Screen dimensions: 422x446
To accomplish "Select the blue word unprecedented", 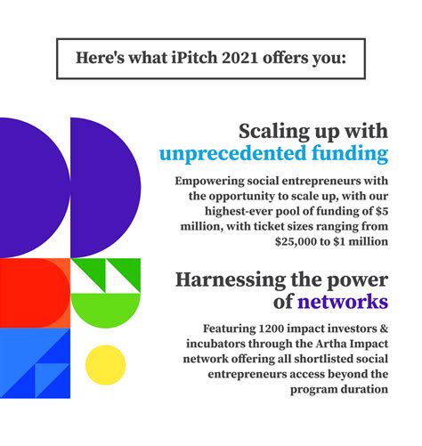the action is (232, 153).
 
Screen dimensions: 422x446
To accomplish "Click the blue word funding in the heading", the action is (350, 154).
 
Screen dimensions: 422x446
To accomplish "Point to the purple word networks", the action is (343, 302).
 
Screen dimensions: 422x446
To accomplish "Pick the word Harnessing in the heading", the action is (231, 280).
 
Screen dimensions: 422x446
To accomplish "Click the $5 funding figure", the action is (382, 211).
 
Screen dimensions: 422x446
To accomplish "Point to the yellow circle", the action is (105, 365).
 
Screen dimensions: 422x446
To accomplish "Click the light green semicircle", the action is (105, 309).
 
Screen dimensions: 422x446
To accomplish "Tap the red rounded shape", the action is (34, 293).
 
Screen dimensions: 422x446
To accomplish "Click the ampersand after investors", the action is (384, 328).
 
